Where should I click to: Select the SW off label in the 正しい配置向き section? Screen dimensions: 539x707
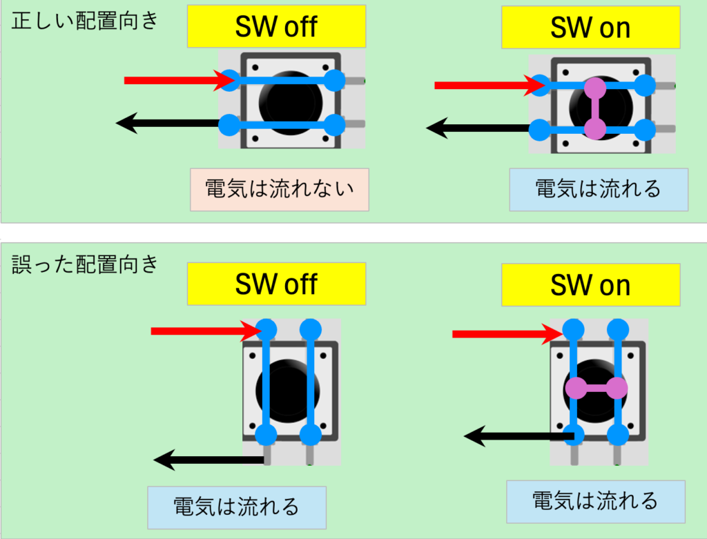point(276,27)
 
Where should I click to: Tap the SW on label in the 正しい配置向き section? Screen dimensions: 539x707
point(590,27)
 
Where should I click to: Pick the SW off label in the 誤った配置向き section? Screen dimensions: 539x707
point(276,284)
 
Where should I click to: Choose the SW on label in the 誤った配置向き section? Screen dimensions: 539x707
point(590,285)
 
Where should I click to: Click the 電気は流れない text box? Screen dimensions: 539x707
point(280,188)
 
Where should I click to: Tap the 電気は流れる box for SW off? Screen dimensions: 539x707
point(236,507)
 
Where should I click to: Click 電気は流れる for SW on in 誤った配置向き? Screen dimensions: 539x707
point(595,501)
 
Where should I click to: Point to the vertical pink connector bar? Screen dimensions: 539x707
point(594,108)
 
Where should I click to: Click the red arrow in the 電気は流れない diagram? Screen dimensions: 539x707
point(176,81)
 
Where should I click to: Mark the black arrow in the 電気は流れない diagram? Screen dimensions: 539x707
point(169,124)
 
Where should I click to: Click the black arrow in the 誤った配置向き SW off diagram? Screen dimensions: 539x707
point(207,459)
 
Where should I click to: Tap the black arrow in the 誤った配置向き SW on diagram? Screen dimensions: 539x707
point(518,435)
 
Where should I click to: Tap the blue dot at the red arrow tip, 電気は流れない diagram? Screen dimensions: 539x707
point(231,81)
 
